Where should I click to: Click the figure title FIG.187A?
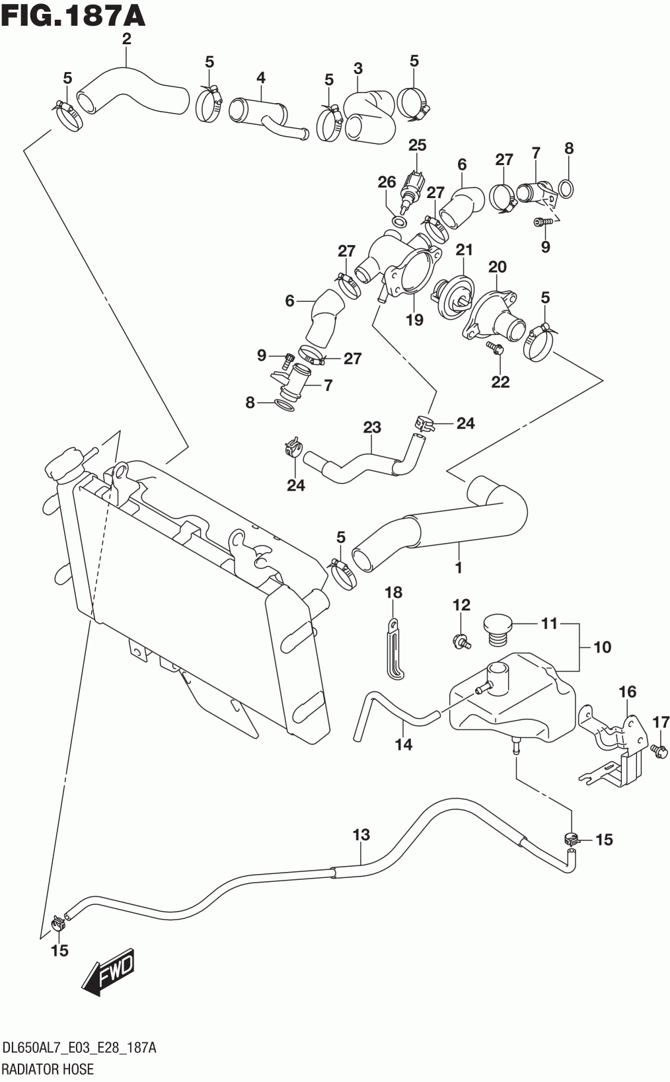click(x=73, y=15)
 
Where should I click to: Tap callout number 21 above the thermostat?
click(x=464, y=250)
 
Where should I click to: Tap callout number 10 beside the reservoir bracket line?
click(x=602, y=647)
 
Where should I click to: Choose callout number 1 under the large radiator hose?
click(x=459, y=567)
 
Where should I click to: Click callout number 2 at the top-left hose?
click(x=126, y=38)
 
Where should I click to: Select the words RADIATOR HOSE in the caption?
click(x=48, y=1068)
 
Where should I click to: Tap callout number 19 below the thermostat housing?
click(x=414, y=320)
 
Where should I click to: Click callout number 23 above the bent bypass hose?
click(x=372, y=427)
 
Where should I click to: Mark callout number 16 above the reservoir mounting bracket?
click(x=628, y=692)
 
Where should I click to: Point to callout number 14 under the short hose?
click(x=403, y=744)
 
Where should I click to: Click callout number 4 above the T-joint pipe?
click(x=261, y=77)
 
